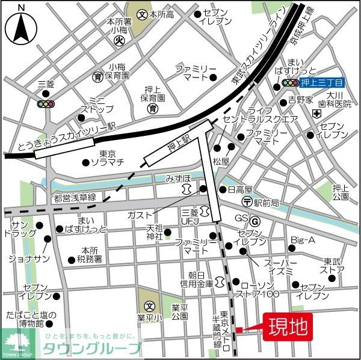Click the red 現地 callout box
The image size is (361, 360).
pyautogui.click(x=286, y=328)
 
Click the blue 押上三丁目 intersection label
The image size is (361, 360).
pyautogui.click(x=322, y=83)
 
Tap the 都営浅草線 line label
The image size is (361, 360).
pyautogui.click(x=74, y=198)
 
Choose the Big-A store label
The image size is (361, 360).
pyautogui.click(x=303, y=240)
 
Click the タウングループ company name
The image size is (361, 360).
pyautogui.click(x=91, y=348)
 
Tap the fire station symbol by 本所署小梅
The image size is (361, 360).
pyautogui.click(x=119, y=41)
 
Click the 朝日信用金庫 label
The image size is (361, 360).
pyautogui.click(x=197, y=278)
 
